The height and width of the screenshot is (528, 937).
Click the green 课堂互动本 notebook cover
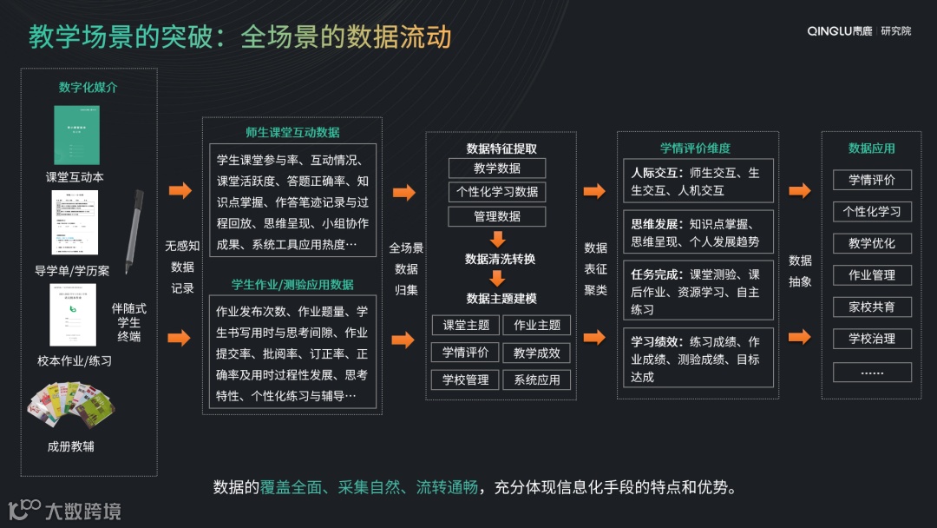click(77, 135)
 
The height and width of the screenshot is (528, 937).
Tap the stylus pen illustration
click(133, 231)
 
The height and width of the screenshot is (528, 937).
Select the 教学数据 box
click(497, 168)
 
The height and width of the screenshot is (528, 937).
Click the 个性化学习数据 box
click(497, 192)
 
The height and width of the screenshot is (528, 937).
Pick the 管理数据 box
click(497, 216)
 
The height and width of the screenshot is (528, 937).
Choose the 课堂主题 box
click(466, 326)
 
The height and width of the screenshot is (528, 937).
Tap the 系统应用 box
click(537, 379)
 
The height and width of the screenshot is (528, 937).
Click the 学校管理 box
click(466, 379)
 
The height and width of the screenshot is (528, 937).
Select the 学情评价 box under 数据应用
click(872, 180)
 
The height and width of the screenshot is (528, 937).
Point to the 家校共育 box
click(872, 307)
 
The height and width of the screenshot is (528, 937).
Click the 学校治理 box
click(872, 339)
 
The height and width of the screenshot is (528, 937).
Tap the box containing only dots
click(872, 372)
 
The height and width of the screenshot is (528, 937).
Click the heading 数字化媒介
click(88, 88)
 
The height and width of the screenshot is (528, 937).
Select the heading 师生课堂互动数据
click(292, 133)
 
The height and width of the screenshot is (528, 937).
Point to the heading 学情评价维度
click(695, 148)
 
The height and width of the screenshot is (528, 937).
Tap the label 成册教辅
click(71, 446)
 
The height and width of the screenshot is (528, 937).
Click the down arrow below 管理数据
click(497, 239)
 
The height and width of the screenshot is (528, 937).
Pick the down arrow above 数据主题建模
click(497, 279)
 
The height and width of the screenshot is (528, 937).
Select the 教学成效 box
click(537, 353)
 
